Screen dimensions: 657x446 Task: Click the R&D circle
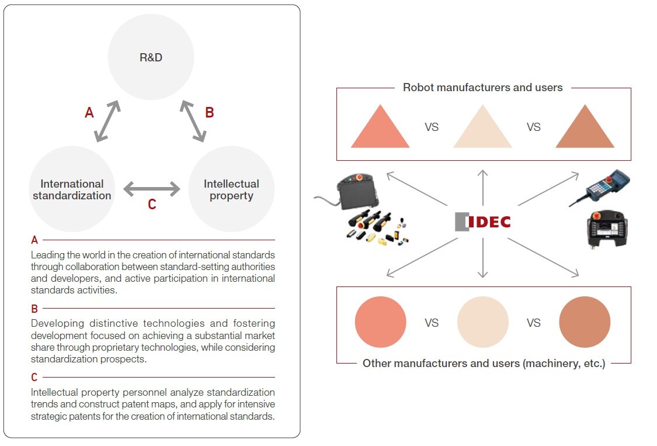151,57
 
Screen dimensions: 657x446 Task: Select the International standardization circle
72,189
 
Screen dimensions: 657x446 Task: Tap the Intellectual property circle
231,189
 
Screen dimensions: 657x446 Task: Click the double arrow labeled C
152,189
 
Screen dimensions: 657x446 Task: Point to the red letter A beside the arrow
89,112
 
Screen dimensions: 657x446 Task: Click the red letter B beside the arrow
210,112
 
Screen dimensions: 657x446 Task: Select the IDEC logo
483,222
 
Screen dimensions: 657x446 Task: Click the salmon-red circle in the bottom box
380,322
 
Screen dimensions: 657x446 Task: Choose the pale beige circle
483,322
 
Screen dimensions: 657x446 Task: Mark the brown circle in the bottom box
585,322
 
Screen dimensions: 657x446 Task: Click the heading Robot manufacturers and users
483,87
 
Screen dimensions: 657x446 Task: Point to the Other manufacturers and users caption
484,363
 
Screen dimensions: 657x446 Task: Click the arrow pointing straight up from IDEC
483,188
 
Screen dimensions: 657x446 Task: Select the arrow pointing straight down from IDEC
483,258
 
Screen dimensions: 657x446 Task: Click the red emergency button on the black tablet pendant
359,178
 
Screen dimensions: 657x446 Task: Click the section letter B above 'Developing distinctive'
34,309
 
